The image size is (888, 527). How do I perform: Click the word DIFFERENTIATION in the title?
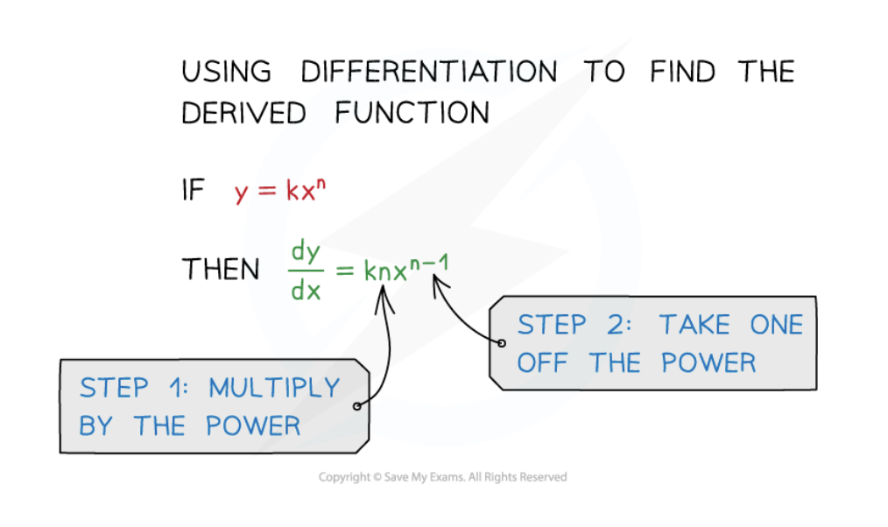428,71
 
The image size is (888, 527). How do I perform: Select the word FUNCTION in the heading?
412,113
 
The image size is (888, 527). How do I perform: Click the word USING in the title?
226,71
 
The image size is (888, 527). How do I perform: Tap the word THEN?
220,270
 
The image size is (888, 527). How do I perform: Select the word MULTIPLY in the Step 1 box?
273,388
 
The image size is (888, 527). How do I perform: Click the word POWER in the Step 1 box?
253,426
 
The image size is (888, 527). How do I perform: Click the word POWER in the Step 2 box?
708,362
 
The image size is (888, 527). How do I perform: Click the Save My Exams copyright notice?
442,477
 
